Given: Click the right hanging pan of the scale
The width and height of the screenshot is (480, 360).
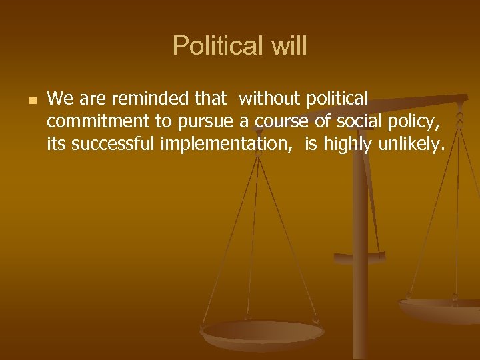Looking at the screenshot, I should tap(440, 307).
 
